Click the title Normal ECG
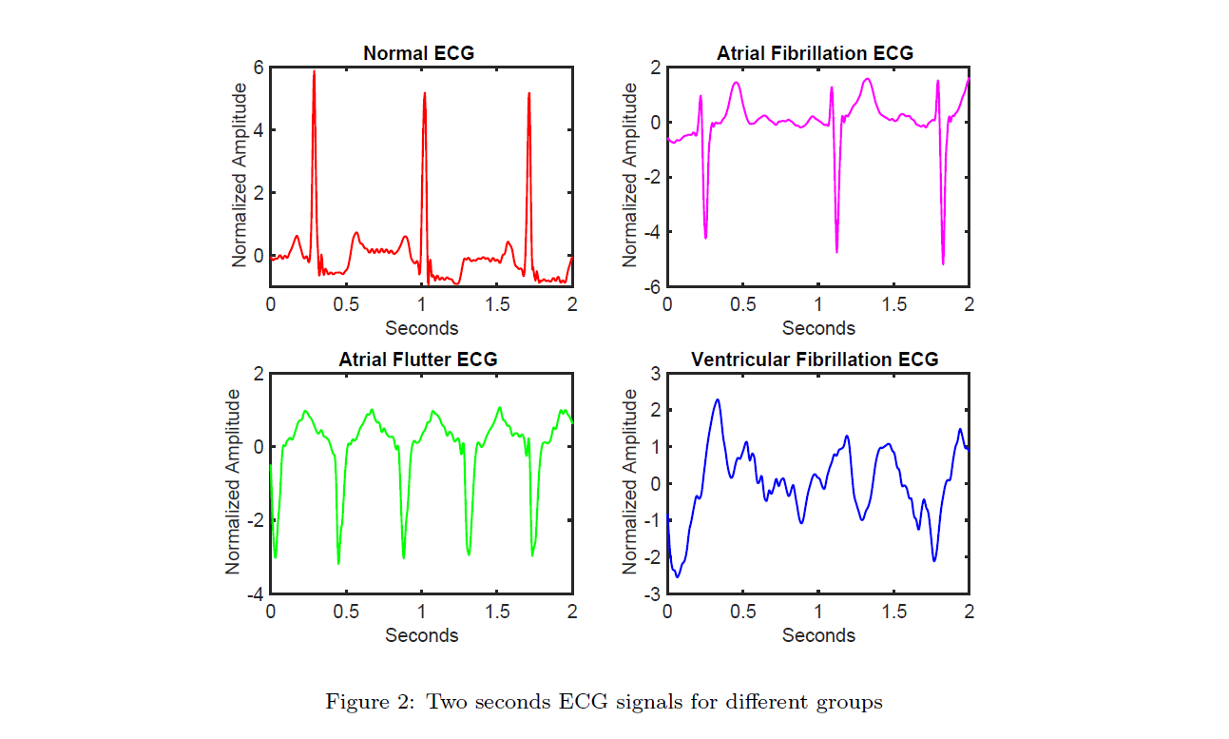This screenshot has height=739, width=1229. pyautogui.click(x=418, y=53)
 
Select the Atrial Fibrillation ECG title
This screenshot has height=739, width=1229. pyautogui.click(x=815, y=53)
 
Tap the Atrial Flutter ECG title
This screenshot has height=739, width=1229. pyautogui.click(x=417, y=360)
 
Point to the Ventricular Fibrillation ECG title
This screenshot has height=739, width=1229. pyautogui.click(x=815, y=360)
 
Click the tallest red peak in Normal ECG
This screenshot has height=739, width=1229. pyautogui.click(x=314, y=72)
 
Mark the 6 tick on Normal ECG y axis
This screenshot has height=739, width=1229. pyautogui.click(x=259, y=68)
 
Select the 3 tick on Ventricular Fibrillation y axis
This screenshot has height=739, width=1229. pyautogui.click(x=656, y=374)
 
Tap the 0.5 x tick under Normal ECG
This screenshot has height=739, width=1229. pyautogui.click(x=346, y=303)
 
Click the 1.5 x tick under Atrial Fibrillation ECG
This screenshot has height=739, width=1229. pyautogui.click(x=893, y=303)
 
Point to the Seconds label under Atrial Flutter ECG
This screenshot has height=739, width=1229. pyautogui.click(x=421, y=634)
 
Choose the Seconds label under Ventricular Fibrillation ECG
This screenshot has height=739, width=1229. pyautogui.click(x=818, y=634)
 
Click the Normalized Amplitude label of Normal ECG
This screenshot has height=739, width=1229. pyautogui.click(x=240, y=175)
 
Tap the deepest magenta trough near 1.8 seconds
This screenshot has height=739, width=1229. pyautogui.click(x=943, y=263)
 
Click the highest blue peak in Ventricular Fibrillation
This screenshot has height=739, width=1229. pyautogui.click(x=718, y=400)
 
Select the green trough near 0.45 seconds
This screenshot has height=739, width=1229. pyautogui.click(x=338, y=563)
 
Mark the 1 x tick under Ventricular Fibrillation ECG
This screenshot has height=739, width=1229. pyautogui.click(x=818, y=611)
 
